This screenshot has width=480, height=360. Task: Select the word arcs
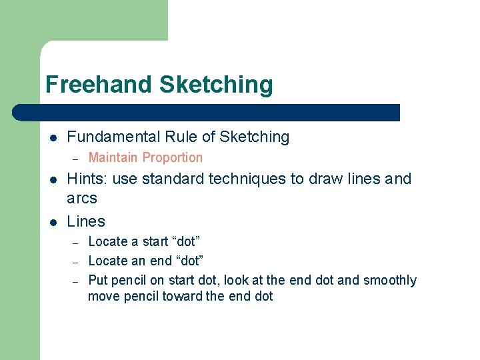82,198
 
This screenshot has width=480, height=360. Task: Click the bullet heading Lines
86,221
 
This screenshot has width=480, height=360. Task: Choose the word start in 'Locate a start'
155,241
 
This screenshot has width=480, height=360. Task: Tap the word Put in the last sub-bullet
97,280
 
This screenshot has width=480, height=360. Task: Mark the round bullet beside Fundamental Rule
53,138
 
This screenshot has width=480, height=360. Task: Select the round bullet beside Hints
53,179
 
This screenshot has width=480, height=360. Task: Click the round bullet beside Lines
53,222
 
